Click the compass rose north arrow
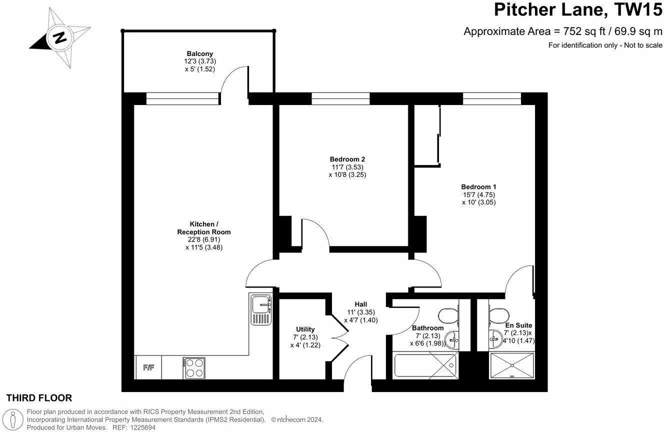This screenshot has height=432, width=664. click(59, 37)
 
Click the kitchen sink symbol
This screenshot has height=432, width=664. click(260, 309)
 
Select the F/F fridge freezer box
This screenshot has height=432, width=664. click(148, 368)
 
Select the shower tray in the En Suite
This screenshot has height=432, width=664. click(511, 365)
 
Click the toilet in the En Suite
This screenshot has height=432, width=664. click(497, 315)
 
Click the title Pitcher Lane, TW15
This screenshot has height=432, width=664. click(578, 9)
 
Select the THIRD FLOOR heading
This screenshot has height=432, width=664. click(39, 398)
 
